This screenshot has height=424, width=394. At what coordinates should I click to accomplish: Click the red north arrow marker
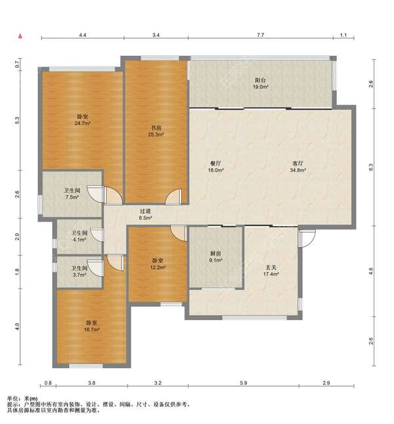[20, 36]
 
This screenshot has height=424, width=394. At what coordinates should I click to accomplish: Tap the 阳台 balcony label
[260, 80]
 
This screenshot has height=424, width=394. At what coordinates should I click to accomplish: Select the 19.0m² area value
[260, 87]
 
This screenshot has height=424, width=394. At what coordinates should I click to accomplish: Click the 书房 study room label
[156, 128]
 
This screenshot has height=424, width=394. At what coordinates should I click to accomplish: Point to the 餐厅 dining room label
[215, 164]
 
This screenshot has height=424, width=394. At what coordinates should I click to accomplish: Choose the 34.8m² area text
[298, 170]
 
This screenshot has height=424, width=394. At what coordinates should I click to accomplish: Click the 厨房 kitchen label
[215, 254]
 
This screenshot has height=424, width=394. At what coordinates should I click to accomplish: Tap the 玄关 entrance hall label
[271, 268]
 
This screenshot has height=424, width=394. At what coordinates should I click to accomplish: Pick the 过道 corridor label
[145, 211]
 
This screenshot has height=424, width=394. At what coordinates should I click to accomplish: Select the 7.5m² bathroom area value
[72, 197]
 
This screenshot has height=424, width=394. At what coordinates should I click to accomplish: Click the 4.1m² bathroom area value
[79, 239]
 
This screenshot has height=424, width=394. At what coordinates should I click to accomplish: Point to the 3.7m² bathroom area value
[79, 275]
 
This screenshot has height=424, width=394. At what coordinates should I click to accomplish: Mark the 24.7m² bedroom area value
[82, 124]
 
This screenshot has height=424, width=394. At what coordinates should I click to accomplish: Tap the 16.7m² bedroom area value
[92, 329]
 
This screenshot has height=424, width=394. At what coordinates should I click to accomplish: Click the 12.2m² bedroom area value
[158, 267]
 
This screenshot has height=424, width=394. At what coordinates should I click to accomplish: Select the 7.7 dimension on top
[260, 35]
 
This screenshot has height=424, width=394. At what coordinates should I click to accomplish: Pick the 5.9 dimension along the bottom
[244, 383]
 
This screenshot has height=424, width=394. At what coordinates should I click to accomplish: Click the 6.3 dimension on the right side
[371, 167]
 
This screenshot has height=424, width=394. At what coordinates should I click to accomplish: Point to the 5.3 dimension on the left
[17, 120]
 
